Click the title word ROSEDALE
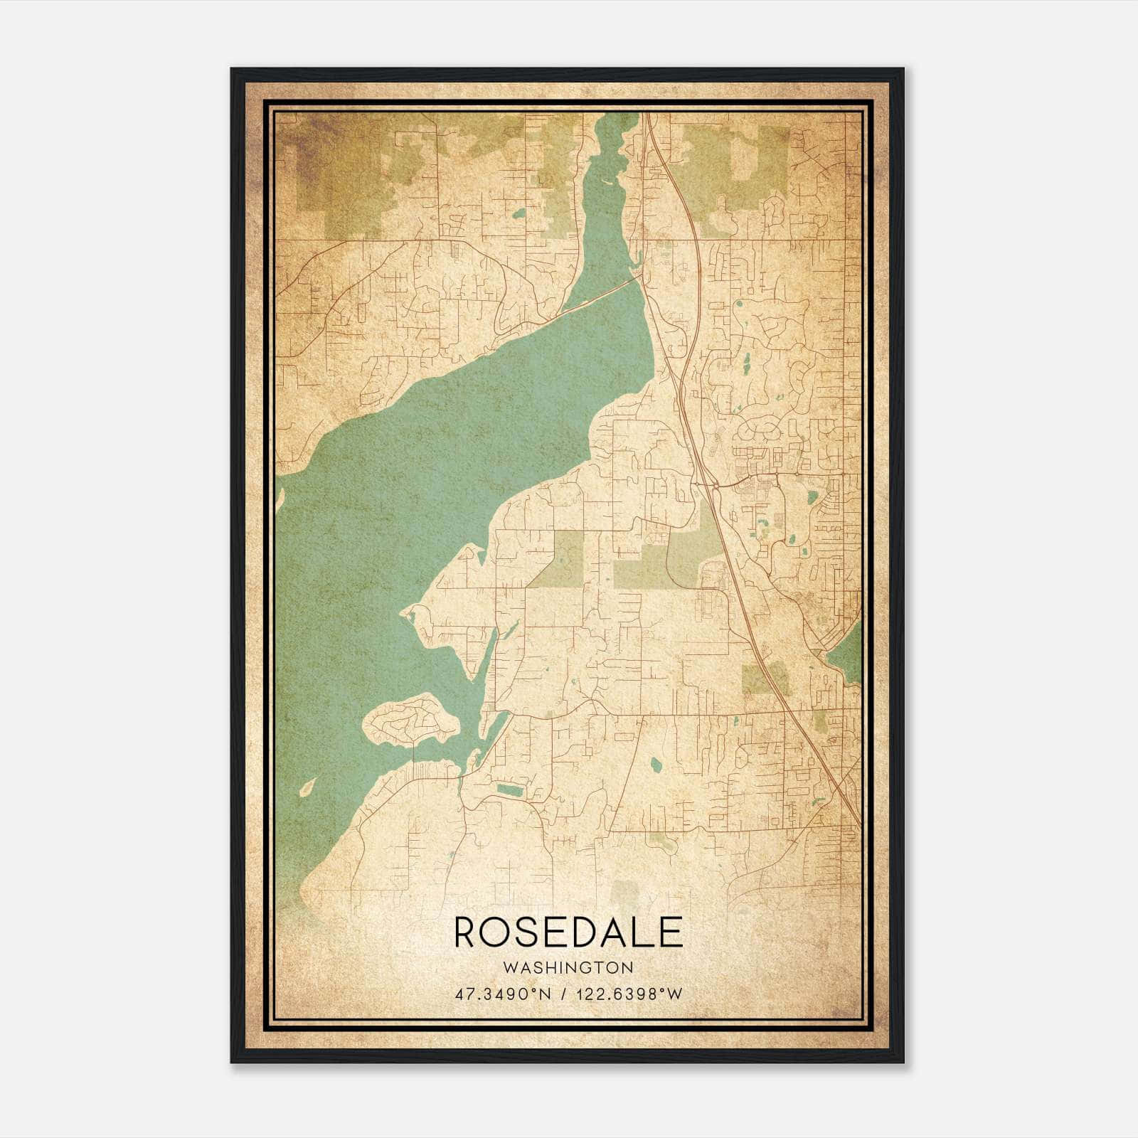tap(568, 932)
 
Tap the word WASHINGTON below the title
tap(568, 968)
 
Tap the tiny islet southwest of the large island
tap(307, 787)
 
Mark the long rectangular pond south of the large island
tap(508, 789)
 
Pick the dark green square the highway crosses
tap(765, 678)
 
